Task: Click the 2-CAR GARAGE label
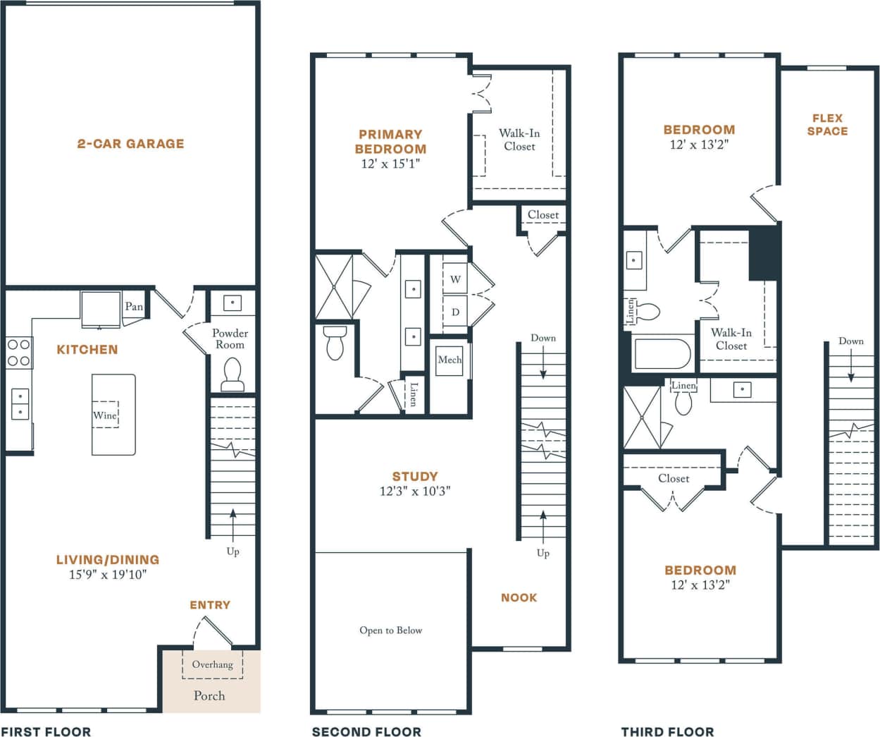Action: tap(130, 144)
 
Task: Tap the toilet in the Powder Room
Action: tap(233, 374)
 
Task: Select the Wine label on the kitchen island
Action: tap(105, 415)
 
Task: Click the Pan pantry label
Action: tap(134, 307)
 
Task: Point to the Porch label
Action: tap(209, 696)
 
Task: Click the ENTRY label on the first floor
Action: tap(210, 605)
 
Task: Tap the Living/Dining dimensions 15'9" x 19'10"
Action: tap(108, 575)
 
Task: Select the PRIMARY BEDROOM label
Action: tap(390, 142)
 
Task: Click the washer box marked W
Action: tap(455, 279)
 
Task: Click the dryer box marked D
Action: tap(455, 312)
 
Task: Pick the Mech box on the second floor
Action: tap(450, 360)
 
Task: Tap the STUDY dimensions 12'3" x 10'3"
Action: tap(415, 492)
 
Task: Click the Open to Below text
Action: tap(390, 631)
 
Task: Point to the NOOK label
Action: tap(519, 598)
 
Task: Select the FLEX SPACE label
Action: tap(827, 125)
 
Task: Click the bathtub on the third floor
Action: tap(662, 354)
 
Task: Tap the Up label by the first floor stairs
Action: tap(233, 552)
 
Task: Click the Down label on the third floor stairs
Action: tap(850, 341)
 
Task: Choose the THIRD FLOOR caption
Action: tap(667, 732)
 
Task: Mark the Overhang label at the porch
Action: tap(212, 664)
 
